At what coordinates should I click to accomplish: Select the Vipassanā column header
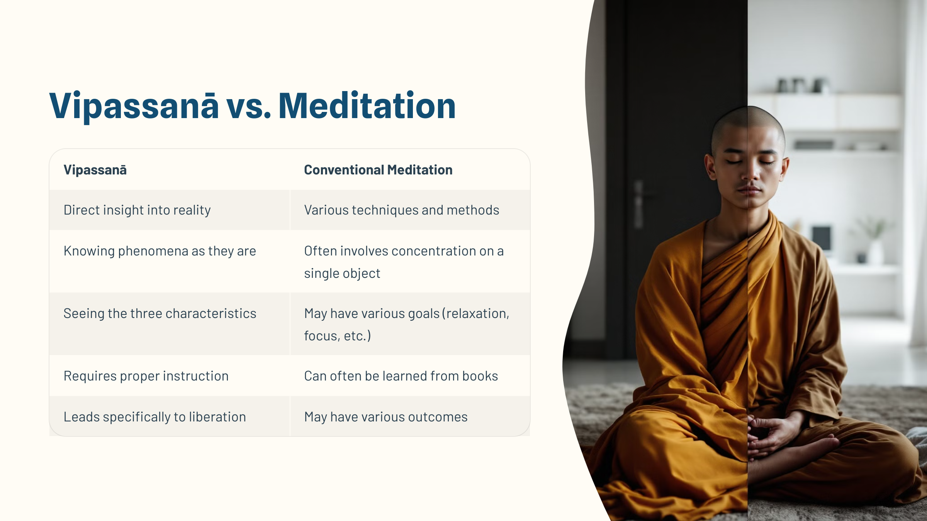click(x=95, y=170)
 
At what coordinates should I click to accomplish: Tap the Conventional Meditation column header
click(x=378, y=170)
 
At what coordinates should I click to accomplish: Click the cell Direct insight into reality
click(x=137, y=210)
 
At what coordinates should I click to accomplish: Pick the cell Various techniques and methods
click(x=402, y=210)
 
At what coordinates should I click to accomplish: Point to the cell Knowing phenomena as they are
click(x=160, y=251)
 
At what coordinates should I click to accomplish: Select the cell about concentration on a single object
click(x=404, y=262)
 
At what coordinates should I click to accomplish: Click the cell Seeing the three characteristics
click(x=160, y=313)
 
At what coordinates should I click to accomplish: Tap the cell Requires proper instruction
click(x=146, y=376)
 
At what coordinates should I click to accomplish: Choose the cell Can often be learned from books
click(x=401, y=376)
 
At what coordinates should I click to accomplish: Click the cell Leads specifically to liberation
click(x=154, y=417)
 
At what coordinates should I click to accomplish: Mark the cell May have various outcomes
click(x=385, y=417)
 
